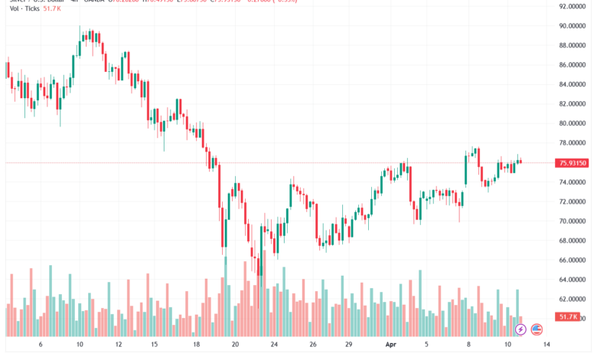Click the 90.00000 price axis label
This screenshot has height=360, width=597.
click(573, 26)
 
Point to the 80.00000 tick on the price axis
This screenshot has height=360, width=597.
click(573, 123)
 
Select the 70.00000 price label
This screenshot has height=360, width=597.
click(573, 221)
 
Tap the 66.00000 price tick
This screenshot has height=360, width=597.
click(573, 260)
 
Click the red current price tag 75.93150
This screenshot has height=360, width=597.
click(573, 162)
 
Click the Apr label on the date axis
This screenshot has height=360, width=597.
click(388, 345)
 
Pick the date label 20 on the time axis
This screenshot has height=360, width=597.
click(235, 345)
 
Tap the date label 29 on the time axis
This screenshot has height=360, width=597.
click(348, 345)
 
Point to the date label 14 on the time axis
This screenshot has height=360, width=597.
click(546, 345)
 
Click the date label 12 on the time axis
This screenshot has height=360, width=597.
click(119, 345)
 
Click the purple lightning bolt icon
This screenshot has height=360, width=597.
click(520, 329)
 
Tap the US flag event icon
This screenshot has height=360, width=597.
click(537, 329)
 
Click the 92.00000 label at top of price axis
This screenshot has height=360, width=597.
click(573, 6)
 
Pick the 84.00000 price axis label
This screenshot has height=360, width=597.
click(573, 84)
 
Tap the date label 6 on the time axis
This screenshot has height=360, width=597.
click(40, 345)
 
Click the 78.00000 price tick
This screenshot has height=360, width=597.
click(573, 143)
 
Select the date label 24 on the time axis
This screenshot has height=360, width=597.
click(275, 345)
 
